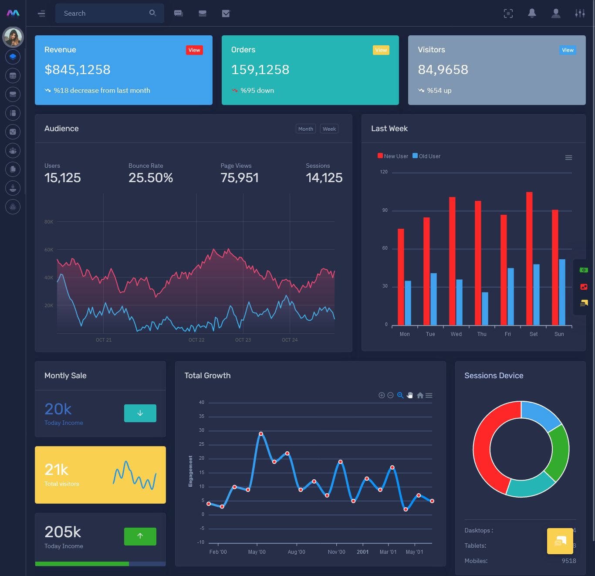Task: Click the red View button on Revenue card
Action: pyautogui.click(x=194, y=50)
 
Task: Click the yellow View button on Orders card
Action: pyautogui.click(x=381, y=50)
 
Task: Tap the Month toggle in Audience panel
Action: pyautogui.click(x=305, y=129)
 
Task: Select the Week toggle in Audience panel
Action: pyautogui.click(x=329, y=129)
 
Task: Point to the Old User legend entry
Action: pyautogui.click(x=426, y=156)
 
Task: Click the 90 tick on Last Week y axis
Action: pyautogui.click(x=385, y=210)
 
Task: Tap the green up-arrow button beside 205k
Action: pyautogui.click(x=140, y=536)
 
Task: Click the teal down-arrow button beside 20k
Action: pyautogui.click(x=140, y=413)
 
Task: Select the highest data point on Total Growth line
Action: pyautogui.click(x=261, y=434)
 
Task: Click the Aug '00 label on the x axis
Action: pyautogui.click(x=296, y=552)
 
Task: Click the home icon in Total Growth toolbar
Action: pyautogui.click(x=420, y=396)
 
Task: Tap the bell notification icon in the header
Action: pyautogui.click(x=532, y=14)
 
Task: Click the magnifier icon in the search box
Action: pyautogui.click(x=152, y=13)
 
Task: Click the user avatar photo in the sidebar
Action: pyautogui.click(x=13, y=37)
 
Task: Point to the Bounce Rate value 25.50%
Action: pyautogui.click(x=151, y=178)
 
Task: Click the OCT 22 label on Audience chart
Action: pyautogui.click(x=196, y=340)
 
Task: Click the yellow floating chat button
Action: pyautogui.click(x=560, y=541)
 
